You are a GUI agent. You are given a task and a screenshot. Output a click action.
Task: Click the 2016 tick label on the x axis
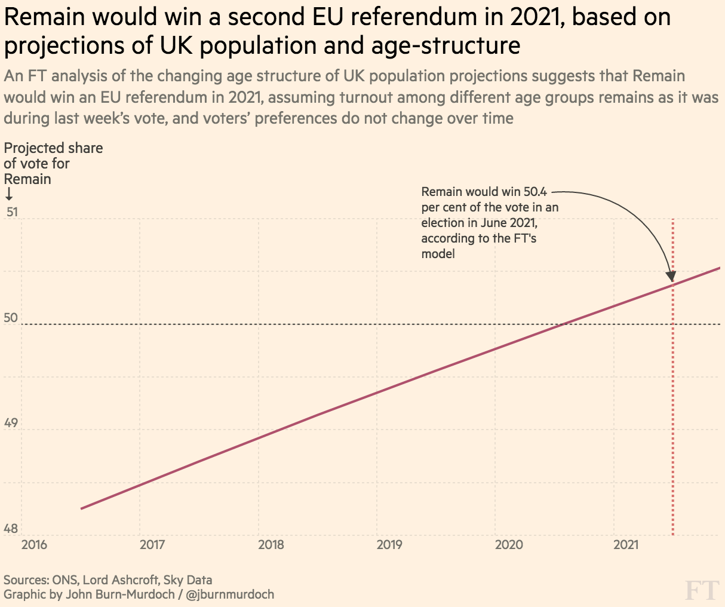33,545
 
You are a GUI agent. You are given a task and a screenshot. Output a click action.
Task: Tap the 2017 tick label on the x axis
152,545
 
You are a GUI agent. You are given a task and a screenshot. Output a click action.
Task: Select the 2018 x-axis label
271,545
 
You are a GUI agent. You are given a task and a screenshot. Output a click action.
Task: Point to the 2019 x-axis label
390,545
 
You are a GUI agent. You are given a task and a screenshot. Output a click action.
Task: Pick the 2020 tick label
509,545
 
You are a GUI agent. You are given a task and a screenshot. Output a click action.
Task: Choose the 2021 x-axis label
626,545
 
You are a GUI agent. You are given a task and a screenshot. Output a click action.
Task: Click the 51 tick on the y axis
11,212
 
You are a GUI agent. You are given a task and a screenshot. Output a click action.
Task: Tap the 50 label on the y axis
11,318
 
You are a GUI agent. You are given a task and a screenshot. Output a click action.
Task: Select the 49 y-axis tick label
11,424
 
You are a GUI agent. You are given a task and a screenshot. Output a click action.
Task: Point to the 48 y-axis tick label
11,529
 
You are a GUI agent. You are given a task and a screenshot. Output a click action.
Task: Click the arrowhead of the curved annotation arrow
671,276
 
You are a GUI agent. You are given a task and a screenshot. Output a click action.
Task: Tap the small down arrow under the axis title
9,194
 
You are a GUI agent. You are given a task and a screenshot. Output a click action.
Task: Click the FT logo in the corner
701,590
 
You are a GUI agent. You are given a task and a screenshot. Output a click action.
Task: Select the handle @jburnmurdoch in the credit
230,594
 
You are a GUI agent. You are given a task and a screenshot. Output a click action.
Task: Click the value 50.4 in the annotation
535,192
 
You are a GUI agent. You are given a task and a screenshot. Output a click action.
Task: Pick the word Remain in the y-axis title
27,179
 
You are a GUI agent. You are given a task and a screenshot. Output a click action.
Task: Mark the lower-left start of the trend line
82,508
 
